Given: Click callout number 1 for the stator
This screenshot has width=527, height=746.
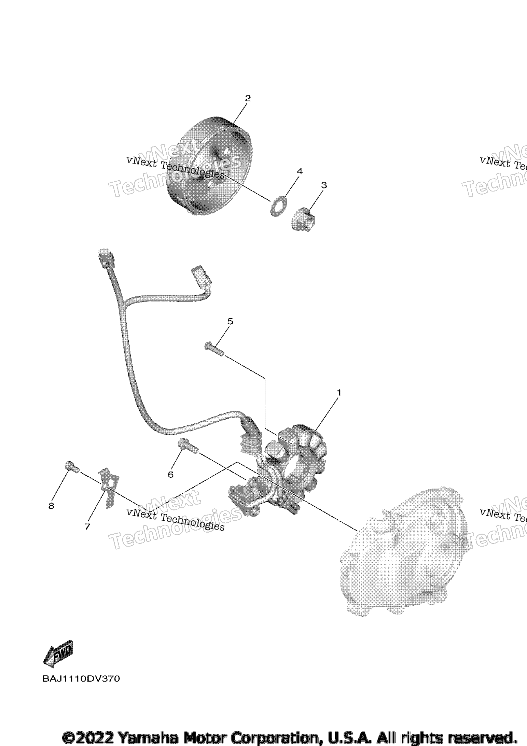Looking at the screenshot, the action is [339, 393].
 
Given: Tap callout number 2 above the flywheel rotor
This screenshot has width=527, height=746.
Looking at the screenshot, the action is [248, 98].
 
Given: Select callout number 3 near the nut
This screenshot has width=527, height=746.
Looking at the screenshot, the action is [324, 185].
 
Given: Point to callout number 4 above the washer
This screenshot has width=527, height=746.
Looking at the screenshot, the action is [300, 171].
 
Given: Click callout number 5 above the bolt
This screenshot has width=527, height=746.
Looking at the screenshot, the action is [230, 321].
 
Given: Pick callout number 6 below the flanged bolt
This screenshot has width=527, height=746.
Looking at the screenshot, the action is [170, 474].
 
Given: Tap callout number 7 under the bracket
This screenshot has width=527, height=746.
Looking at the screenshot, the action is [87, 527].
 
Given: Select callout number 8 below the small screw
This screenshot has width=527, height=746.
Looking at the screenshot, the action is [51, 506].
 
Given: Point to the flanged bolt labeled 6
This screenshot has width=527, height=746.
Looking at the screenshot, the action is [188, 446].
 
